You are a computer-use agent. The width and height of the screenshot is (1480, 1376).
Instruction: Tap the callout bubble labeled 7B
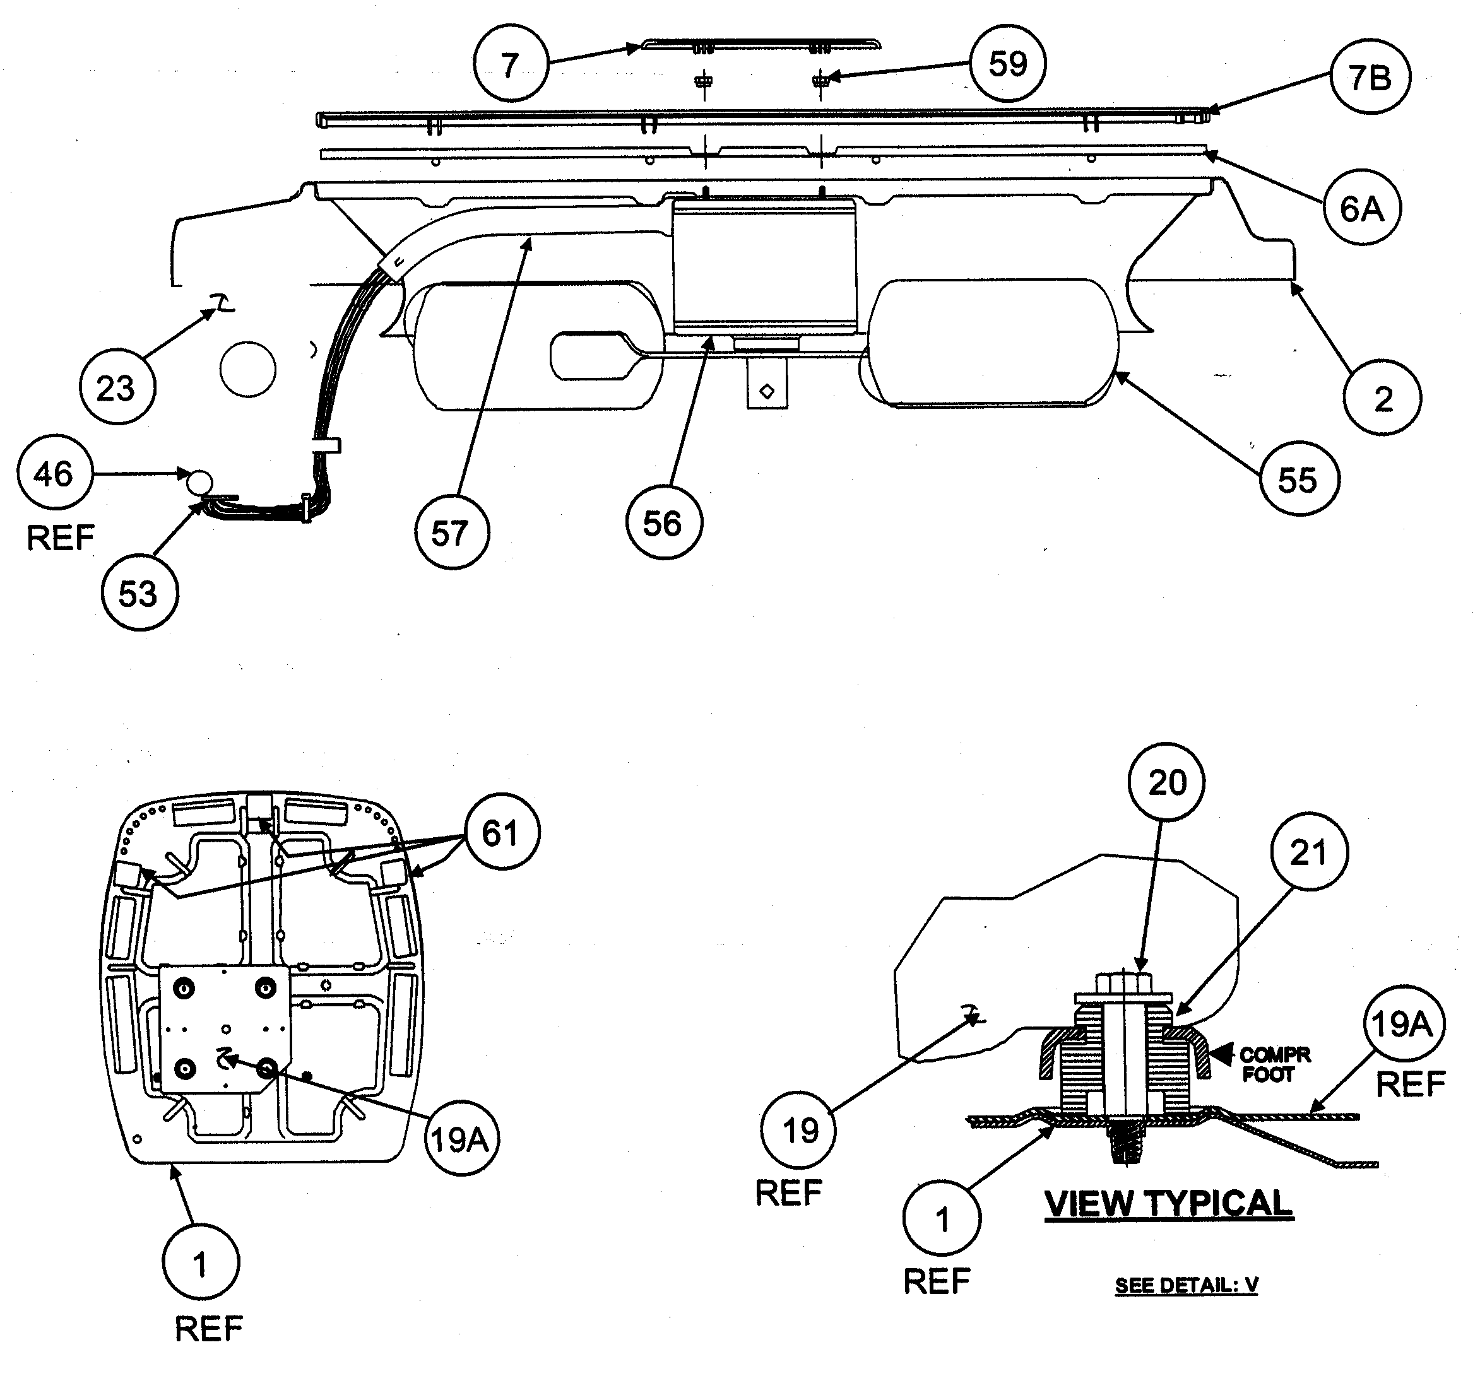click(x=1369, y=78)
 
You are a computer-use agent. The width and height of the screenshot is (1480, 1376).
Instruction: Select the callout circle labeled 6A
click(x=1361, y=208)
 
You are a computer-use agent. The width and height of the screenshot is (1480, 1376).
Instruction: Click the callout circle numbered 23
click(x=117, y=388)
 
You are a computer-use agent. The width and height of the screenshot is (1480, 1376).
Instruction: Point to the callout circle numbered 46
click(x=54, y=473)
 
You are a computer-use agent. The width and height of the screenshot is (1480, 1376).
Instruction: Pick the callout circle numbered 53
click(x=139, y=593)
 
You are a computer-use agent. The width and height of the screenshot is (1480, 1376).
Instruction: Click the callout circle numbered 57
click(x=451, y=533)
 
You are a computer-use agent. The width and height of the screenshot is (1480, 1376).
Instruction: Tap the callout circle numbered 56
click(x=663, y=524)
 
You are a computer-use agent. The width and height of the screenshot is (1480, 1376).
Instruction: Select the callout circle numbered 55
click(x=1298, y=479)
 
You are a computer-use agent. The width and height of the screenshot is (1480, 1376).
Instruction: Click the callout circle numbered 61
click(x=501, y=832)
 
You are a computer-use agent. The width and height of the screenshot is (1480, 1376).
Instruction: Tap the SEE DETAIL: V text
click(x=1186, y=1285)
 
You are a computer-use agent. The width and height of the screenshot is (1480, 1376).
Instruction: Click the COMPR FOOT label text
click(x=1274, y=1065)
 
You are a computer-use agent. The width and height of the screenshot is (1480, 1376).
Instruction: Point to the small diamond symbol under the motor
click(x=767, y=391)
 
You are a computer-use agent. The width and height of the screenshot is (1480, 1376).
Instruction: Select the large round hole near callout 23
click(x=248, y=369)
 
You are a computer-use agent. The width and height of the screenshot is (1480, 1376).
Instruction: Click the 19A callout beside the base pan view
click(x=461, y=1139)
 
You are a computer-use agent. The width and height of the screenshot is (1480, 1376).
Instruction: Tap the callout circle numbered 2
click(x=1382, y=398)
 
